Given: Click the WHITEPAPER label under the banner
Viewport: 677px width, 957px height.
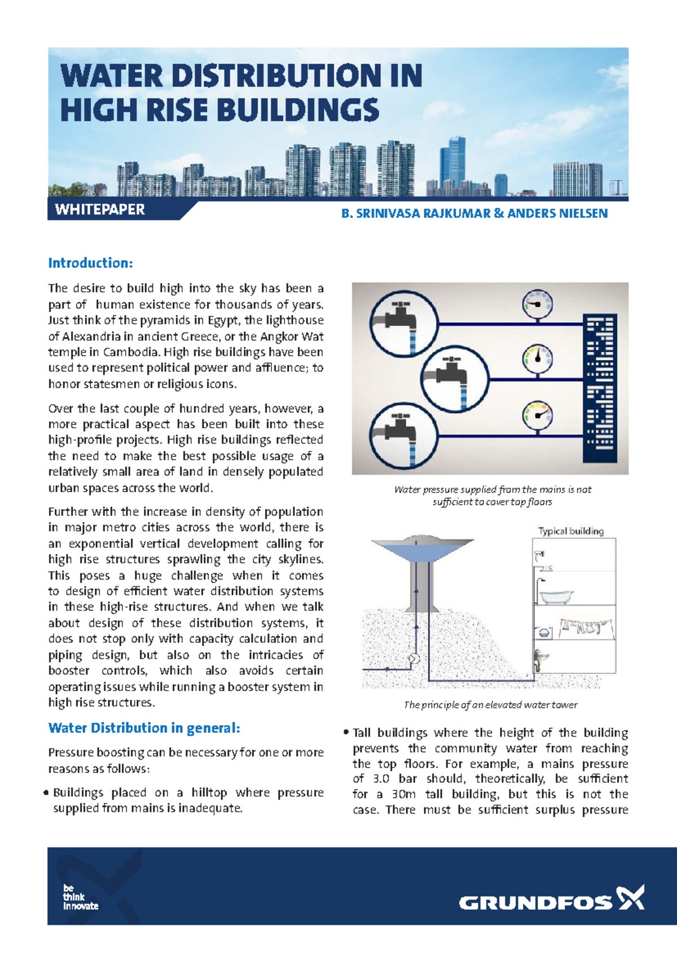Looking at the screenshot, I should pyautogui.click(x=100, y=210).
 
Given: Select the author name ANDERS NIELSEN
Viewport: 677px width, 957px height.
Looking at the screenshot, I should pyautogui.click(x=557, y=214).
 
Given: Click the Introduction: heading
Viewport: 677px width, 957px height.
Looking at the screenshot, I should pyautogui.click(x=90, y=263).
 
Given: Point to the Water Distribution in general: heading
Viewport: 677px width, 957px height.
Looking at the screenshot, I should pyautogui.click(x=144, y=728).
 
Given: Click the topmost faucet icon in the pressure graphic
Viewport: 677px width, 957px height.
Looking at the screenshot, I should pyautogui.click(x=403, y=323).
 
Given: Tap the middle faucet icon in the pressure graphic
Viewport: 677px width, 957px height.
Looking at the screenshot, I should pyautogui.click(x=454, y=376).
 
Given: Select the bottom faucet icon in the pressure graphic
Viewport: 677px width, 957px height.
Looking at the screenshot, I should pyautogui.click(x=403, y=434).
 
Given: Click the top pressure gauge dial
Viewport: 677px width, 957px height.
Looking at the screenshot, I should pyautogui.click(x=537, y=304).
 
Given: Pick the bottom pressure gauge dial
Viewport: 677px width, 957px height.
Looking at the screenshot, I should pyautogui.click(x=537, y=415).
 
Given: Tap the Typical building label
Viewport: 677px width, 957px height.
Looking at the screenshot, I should pyautogui.click(x=570, y=531).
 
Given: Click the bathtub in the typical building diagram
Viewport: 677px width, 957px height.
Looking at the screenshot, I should pyautogui.click(x=556, y=596).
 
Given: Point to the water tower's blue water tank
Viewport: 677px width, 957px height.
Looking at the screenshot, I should pyautogui.click(x=421, y=549).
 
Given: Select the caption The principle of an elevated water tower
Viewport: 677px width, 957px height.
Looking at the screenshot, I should pyautogui.click(x=490, y=705).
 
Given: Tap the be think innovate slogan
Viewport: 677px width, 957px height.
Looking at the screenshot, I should pyautogui.click(x=80, y=897).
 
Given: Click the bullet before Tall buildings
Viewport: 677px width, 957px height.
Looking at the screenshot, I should pyautogui.click(x=346, y=732).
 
